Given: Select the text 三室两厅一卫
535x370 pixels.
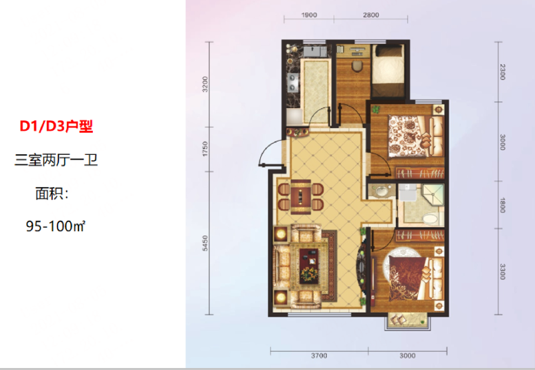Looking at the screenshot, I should (56, 160).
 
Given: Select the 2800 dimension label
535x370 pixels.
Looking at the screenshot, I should (371, 15).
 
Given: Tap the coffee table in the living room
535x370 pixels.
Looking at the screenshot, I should (309, 262).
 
